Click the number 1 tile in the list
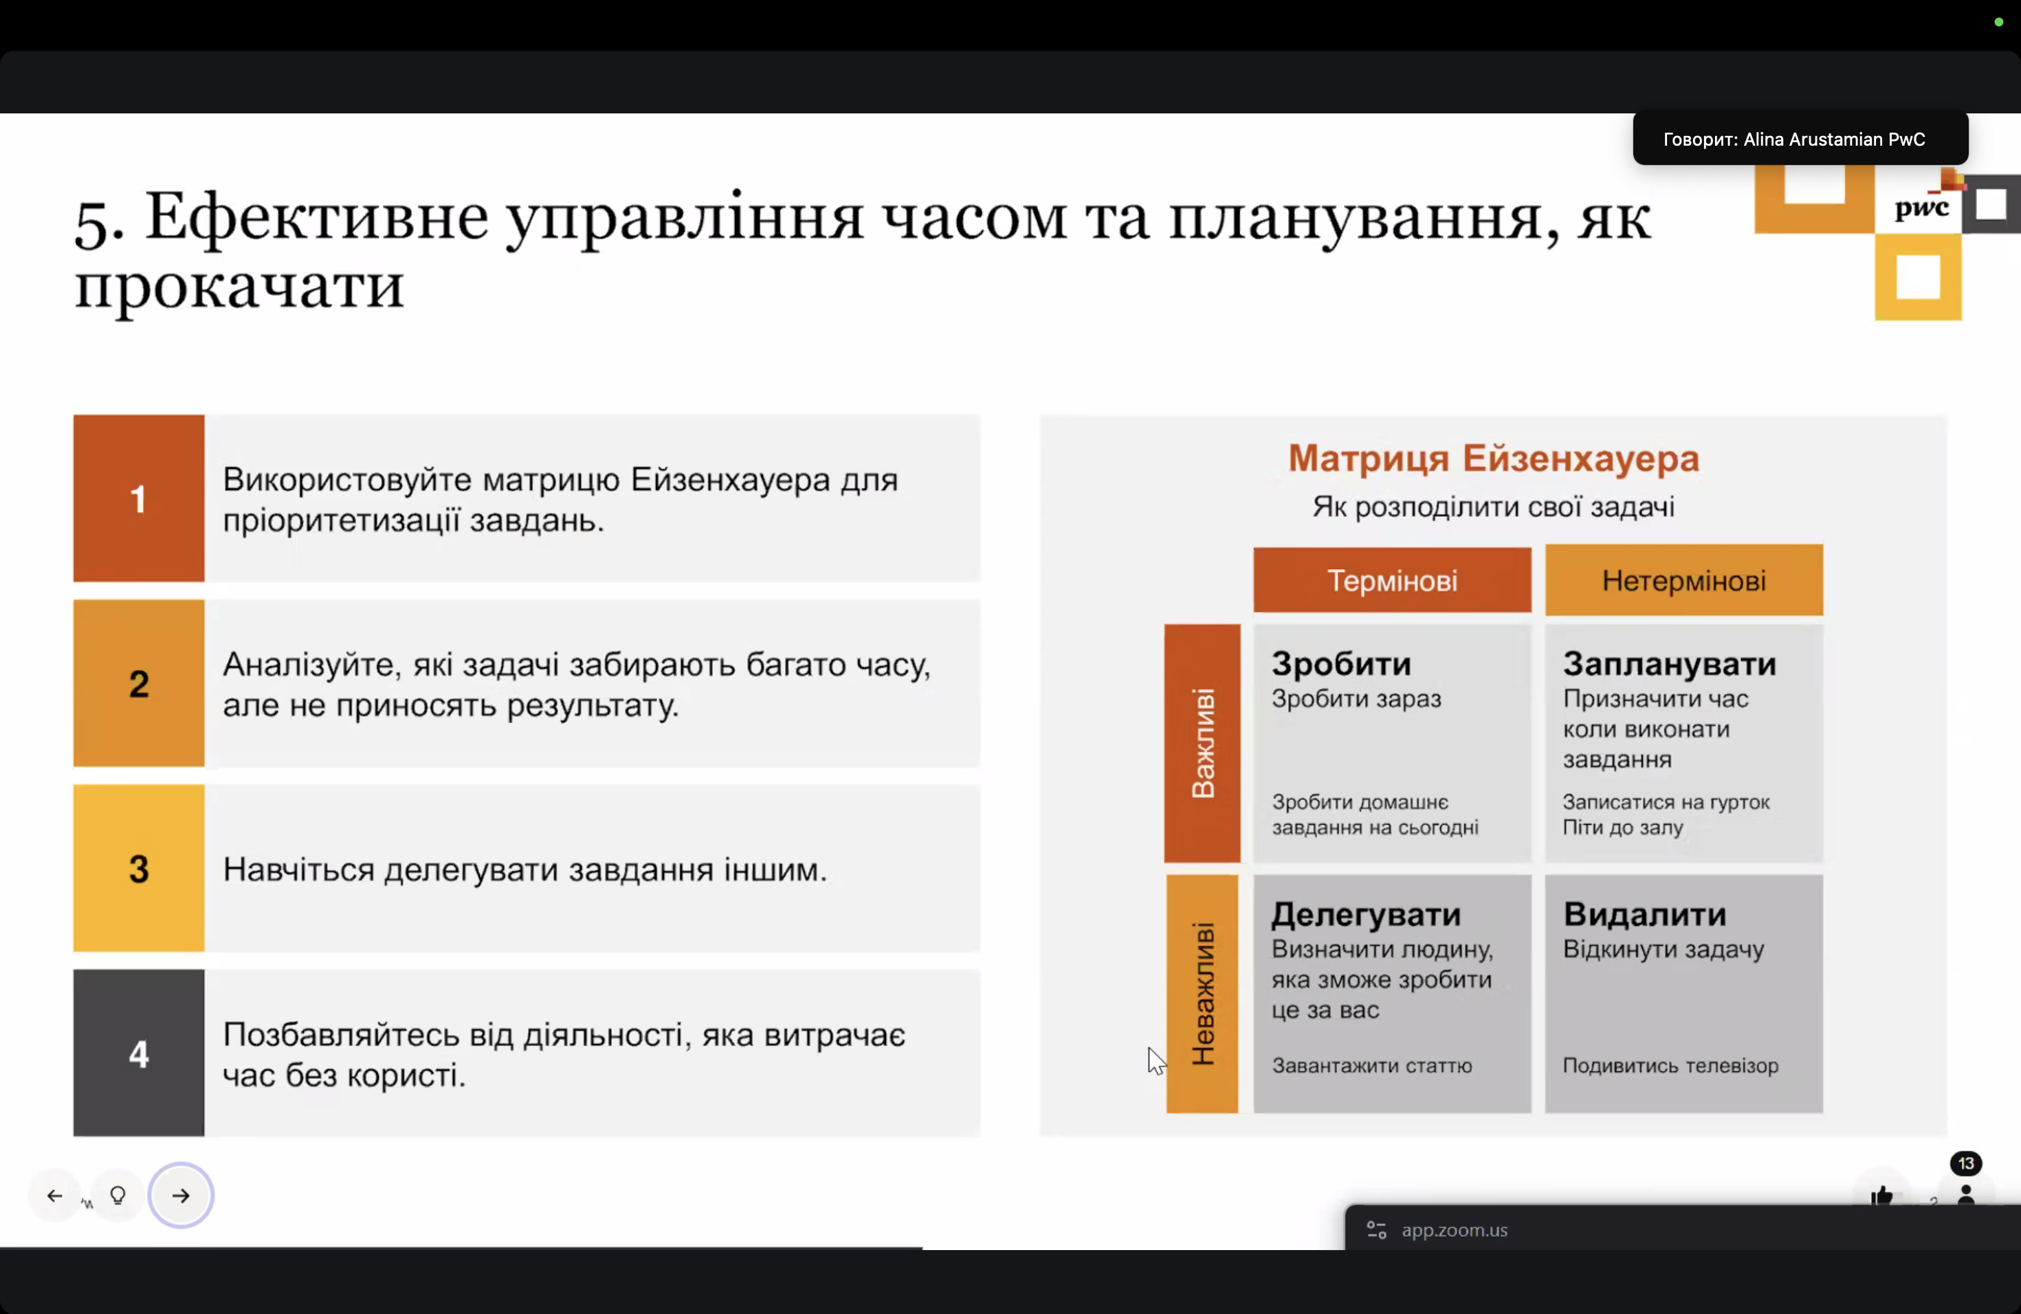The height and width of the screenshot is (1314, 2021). (x=138, y=498)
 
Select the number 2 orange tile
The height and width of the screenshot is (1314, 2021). (x=138, y=683)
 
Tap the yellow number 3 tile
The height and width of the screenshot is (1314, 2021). (x=138, y=869)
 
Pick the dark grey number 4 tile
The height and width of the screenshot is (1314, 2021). (x=138, y=1054)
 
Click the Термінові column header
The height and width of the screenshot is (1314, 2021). (x=1392, y=581)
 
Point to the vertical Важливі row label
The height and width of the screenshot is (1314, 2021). (x=1202, y=744)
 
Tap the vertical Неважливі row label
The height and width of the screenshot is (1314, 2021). (x=1202, y=994)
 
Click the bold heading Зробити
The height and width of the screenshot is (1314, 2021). (x=1342, y=664)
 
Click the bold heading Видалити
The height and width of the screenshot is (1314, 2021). (x=1645, y=914)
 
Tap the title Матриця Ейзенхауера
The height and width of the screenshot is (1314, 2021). (x=1494, y=458)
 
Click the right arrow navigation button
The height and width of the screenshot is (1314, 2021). (x=181, y=1195)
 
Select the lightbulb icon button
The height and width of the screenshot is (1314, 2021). (x=118, y=1195)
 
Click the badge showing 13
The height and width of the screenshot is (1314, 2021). (x=1966, y=1163)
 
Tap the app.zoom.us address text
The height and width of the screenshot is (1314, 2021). (x=1455, y=1230)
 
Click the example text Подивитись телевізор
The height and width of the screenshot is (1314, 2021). (x=1670, y=1065)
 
